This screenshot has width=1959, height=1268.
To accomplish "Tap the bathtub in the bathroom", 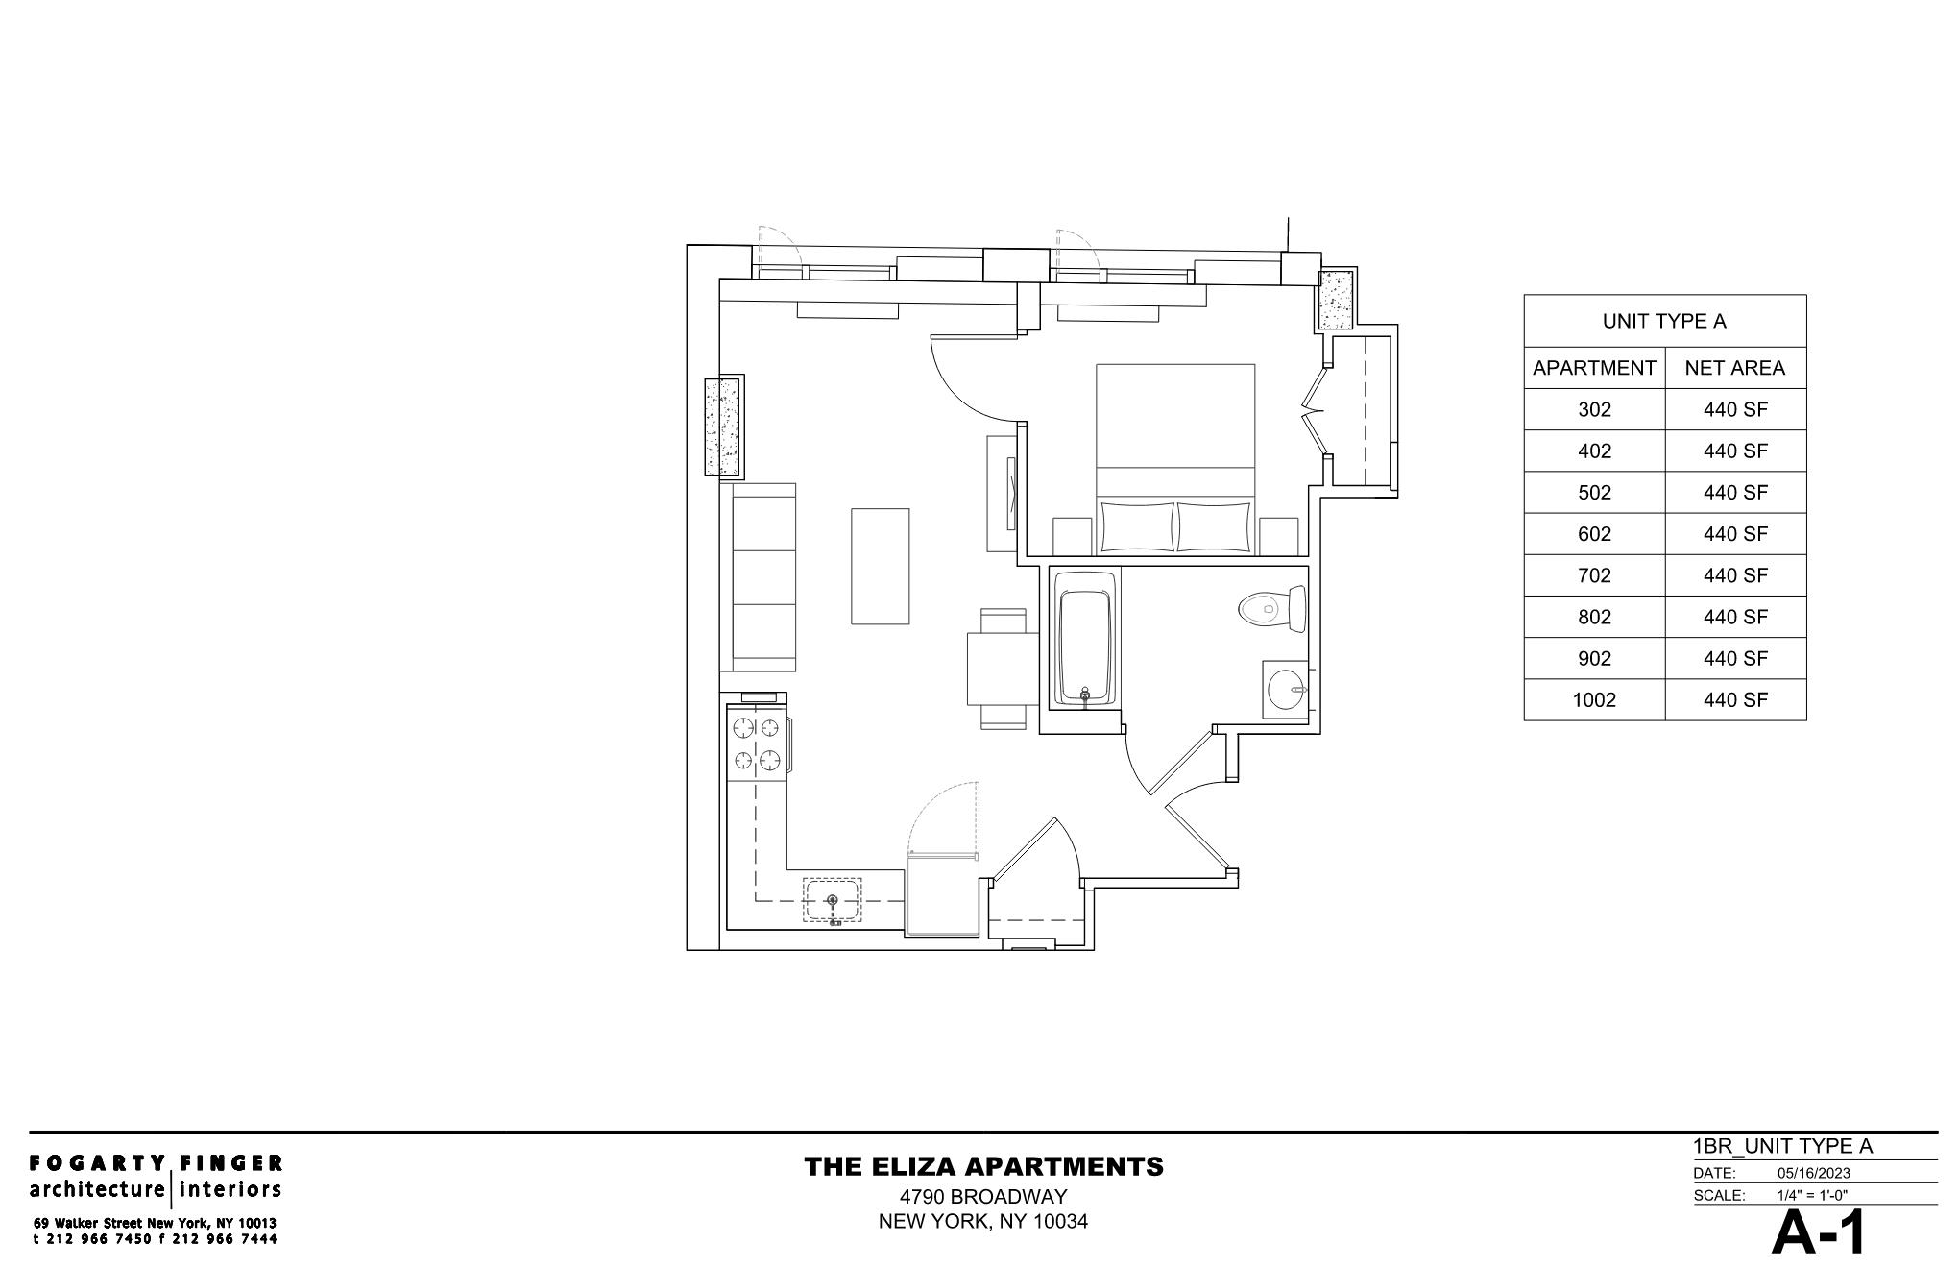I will coord(1085,638).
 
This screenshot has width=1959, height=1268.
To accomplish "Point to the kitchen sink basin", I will coord(832,900).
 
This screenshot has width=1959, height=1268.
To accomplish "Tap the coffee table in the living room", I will coord(880,567).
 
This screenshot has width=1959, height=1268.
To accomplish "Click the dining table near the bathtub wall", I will coord(1003,669).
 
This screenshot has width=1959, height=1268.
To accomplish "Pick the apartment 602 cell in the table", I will coord(1594,534).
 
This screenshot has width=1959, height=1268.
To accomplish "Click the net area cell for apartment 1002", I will coord(1735,700).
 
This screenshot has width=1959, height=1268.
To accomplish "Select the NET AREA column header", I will coord(1734,368).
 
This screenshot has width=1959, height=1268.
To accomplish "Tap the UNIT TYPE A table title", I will coord(1664,322).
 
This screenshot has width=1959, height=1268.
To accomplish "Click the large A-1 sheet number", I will coord(1819,1233).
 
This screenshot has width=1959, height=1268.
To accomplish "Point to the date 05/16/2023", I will coord(1813,1173).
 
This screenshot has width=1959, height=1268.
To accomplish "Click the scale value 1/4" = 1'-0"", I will coord(1812,1196).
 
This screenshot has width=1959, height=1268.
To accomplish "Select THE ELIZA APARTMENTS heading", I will coord(983,1167).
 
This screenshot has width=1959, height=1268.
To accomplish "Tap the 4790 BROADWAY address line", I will coord(983,1197).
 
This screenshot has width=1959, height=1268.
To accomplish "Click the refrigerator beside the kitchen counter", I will coord(943,893).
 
